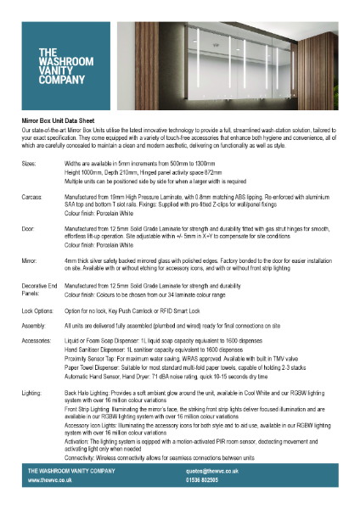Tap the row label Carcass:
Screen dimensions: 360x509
pos(32,196)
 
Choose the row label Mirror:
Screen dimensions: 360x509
pos(29,263)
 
